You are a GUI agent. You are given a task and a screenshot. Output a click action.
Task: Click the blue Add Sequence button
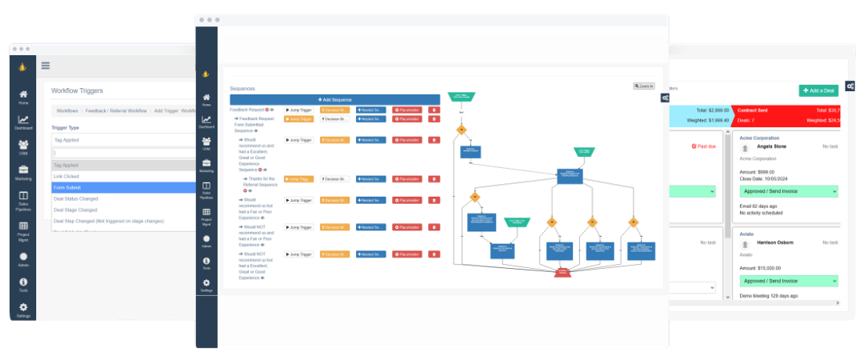pyautogui.click(x=334, y=99)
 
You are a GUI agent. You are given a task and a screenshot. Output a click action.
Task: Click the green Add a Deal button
pyautogui.click(x=818, y=90)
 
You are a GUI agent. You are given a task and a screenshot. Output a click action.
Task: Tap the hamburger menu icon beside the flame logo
pyautogui.click(x=45, y=66)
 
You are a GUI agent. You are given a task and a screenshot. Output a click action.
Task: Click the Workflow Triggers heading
pyautogui.click(x=77, y=91)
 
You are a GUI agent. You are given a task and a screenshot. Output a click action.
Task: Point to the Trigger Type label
pyautogui.click(x=65, y=128)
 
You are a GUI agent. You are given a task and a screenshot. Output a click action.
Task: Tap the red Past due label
pyautogui.click(x=705, y=146)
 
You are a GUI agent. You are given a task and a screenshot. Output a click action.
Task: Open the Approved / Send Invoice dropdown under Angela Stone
pyautogui.click(x=788, y=192)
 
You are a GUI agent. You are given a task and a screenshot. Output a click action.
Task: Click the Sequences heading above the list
pyautogui.click(x=242, y=89)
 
